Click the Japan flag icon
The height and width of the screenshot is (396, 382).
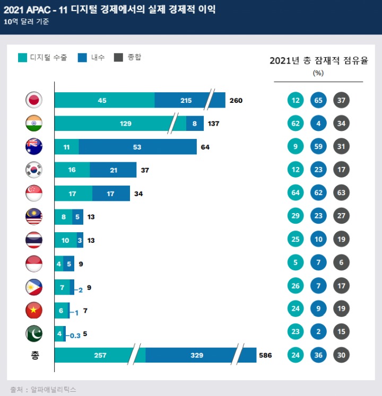[33, 100]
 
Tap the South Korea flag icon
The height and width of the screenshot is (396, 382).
[33, 170]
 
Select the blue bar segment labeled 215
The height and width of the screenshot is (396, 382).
[186, 100]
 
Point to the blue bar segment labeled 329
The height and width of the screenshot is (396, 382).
[191, 355]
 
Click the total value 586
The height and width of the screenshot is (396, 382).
[265, 355]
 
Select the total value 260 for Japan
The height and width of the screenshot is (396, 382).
[236, 100]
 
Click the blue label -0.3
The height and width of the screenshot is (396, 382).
[75, 336]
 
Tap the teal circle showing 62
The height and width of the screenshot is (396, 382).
[296, 124]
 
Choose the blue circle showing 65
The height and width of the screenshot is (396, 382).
[318, 100]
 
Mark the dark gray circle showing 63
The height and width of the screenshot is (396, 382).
[341, 192]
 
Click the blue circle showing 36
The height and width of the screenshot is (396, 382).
[318, 355]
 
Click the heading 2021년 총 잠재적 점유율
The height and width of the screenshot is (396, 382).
[318, 60]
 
